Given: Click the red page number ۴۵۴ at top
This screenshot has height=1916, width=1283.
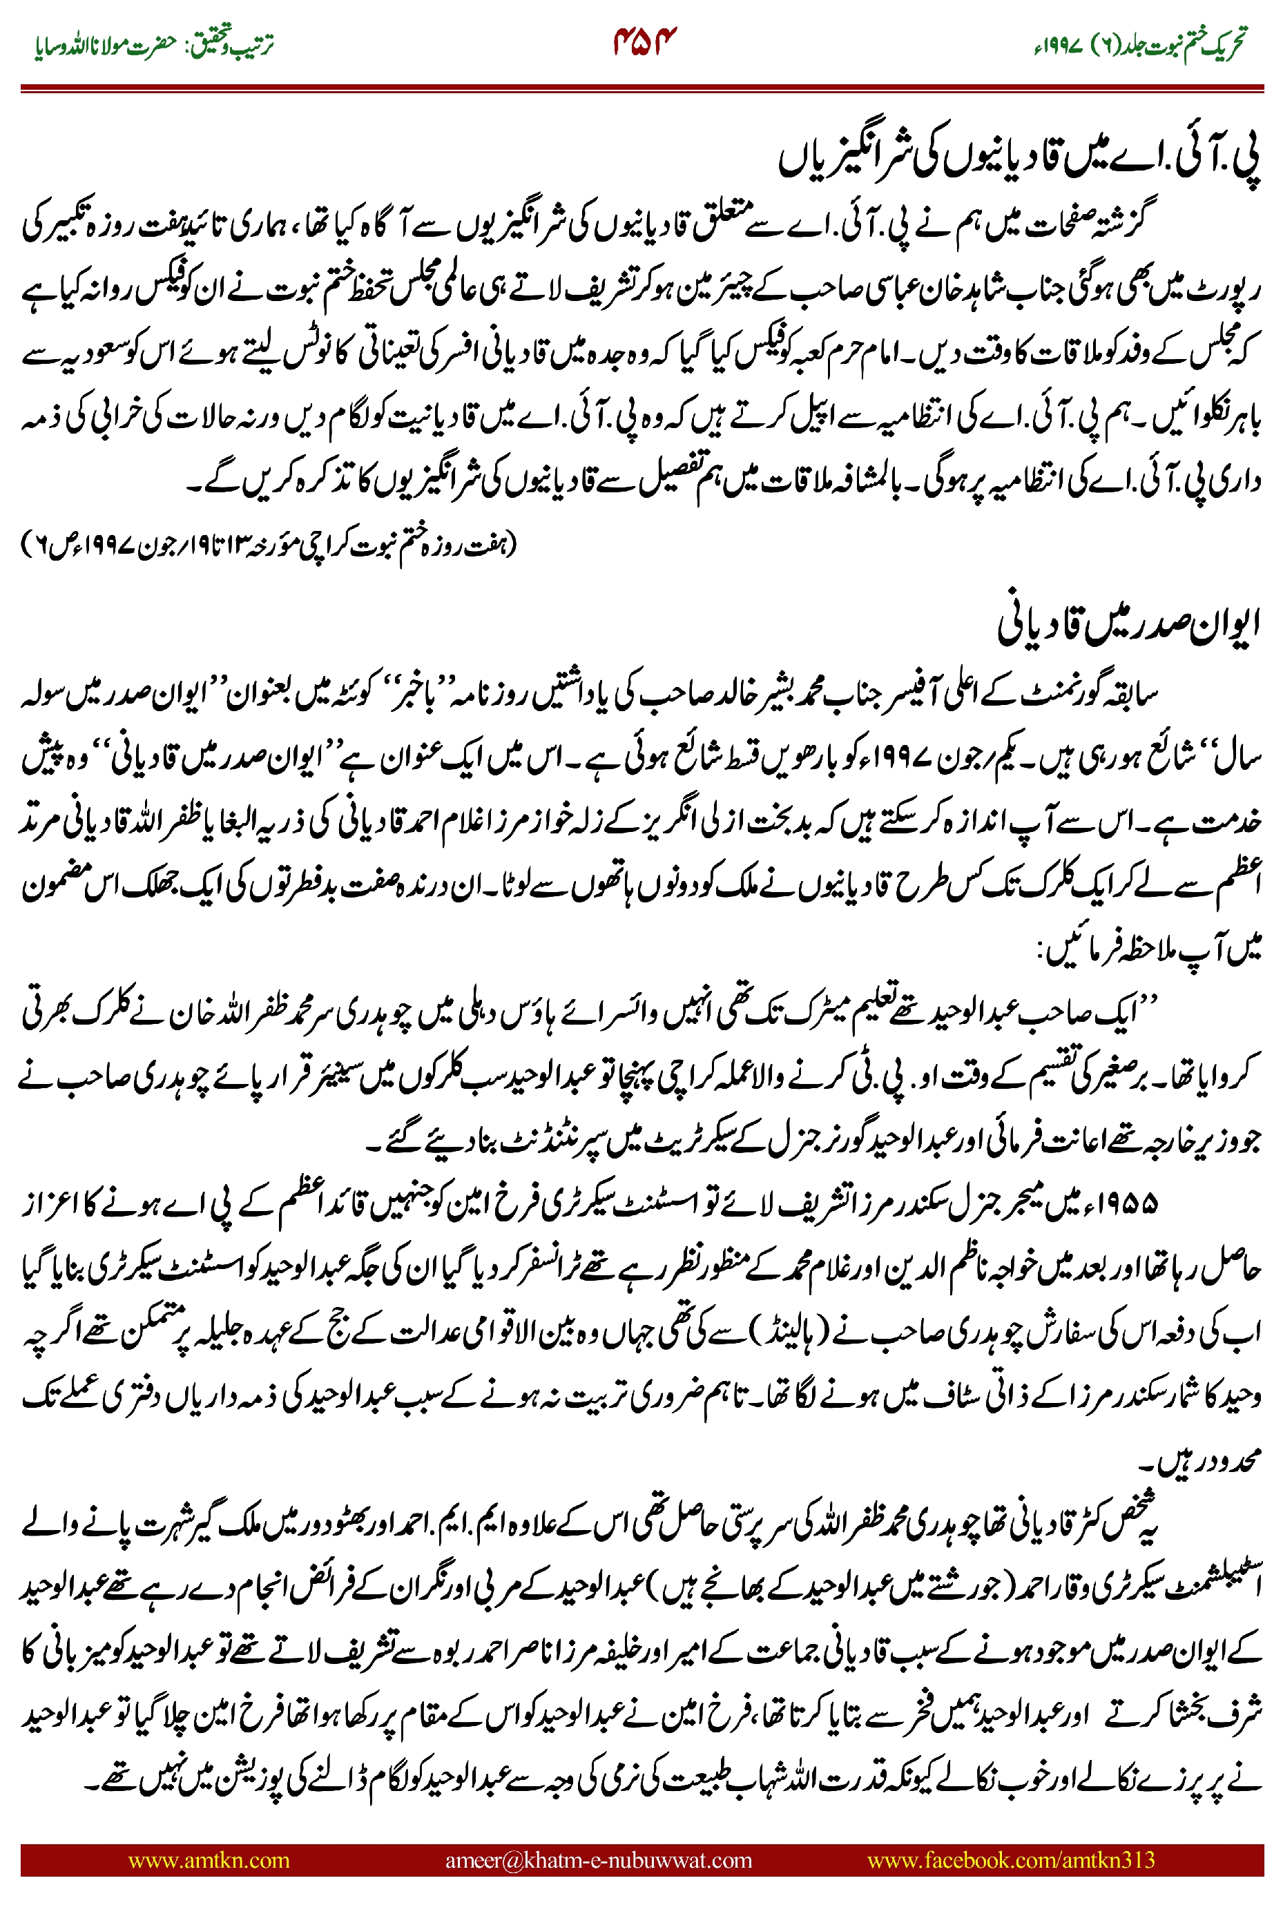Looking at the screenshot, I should pos(646,40).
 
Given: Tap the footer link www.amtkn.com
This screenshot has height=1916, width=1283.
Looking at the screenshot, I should pos(209,1859).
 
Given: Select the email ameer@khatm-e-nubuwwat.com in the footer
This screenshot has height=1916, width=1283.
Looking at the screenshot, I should pos(598,1859).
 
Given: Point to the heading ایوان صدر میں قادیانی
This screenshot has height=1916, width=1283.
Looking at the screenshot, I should pos(1128,624).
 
